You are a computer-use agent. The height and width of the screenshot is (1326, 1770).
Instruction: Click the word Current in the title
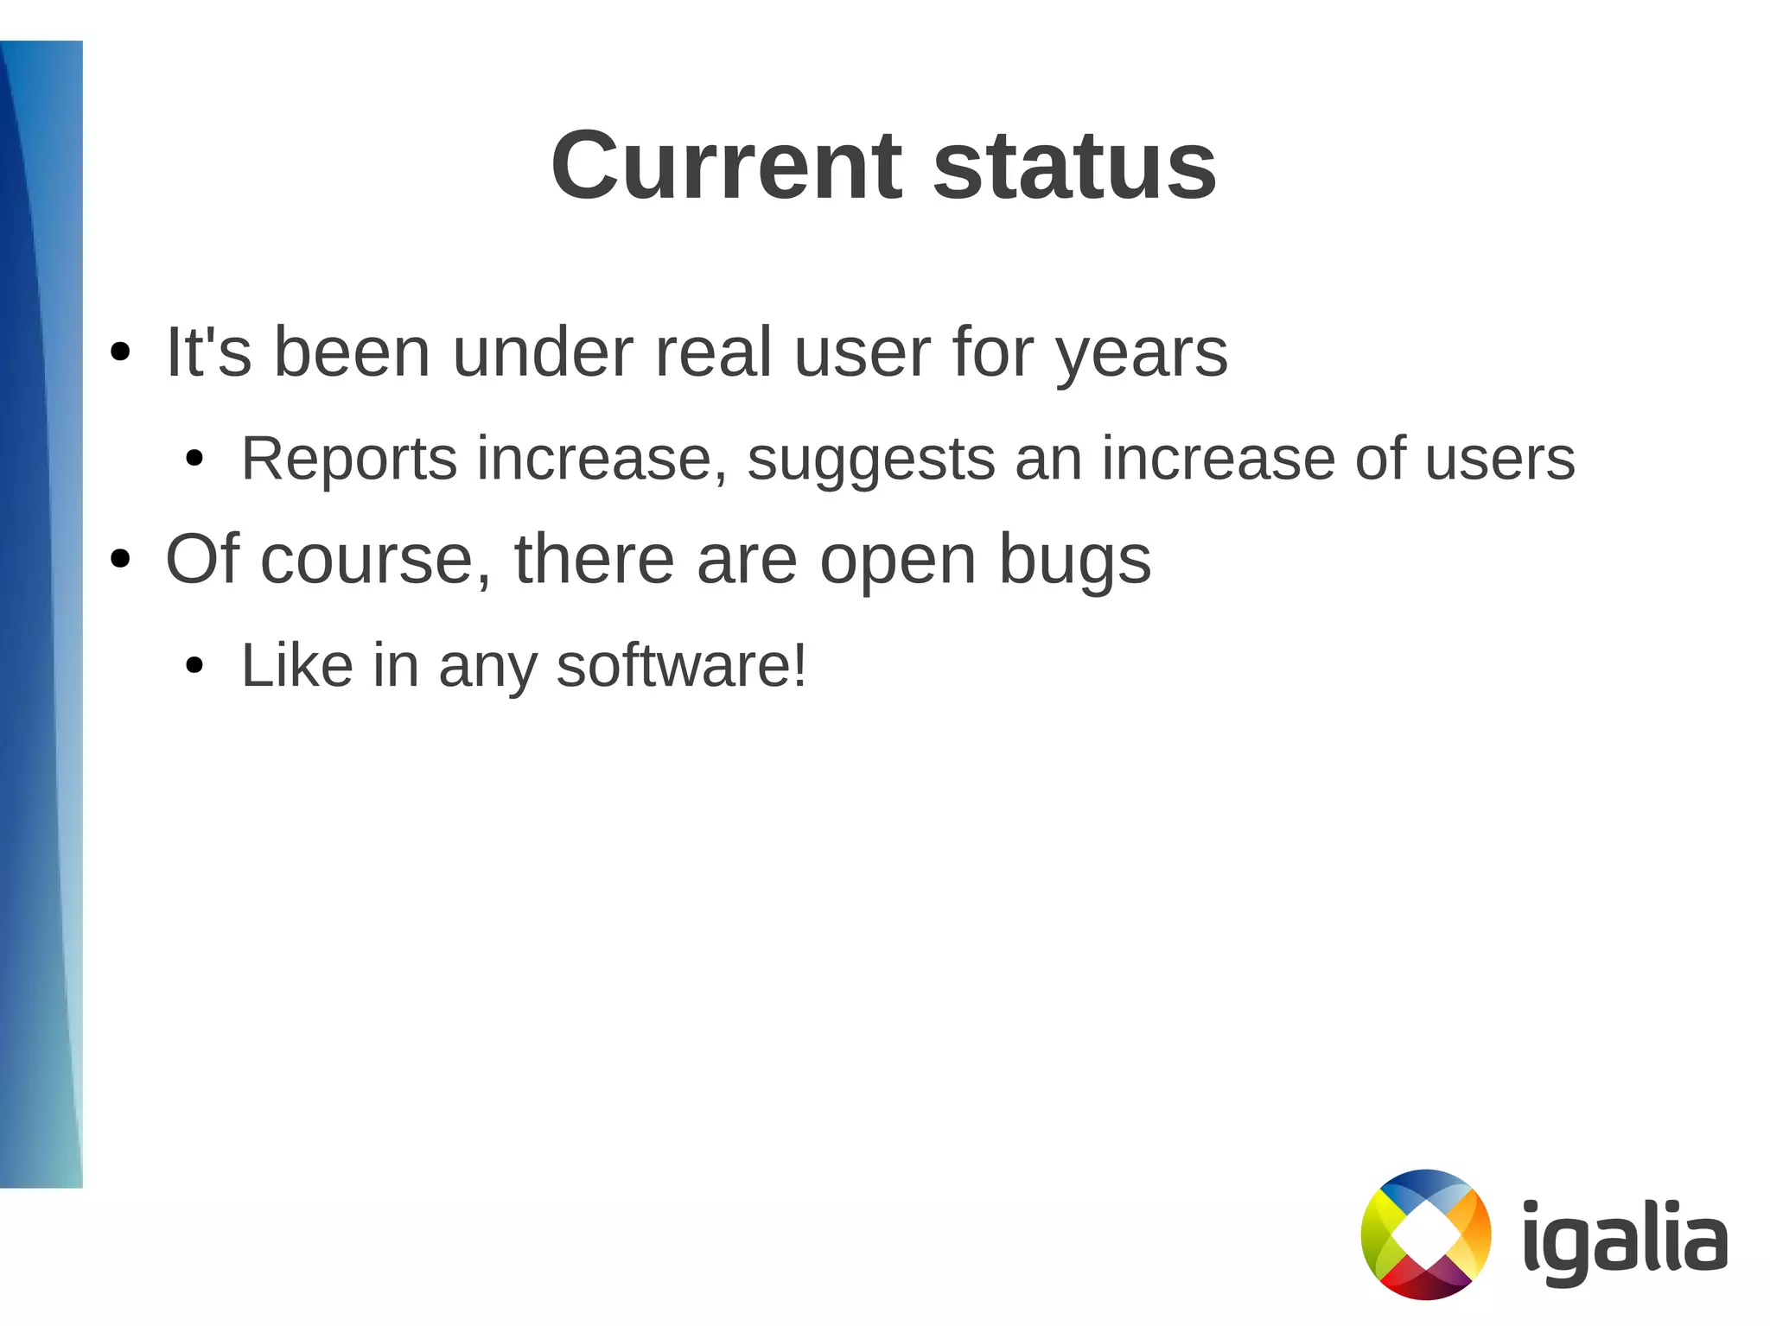pyautogui.click(x=727, y=165)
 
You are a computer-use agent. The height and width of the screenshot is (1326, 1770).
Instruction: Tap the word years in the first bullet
pyautogui.click(x=1142, y=354)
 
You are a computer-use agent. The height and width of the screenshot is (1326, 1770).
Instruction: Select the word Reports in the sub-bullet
pyautogui.click(x=348, y=459)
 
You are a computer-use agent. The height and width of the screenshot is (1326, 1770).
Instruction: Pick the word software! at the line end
pyautogui.click(x=681, y=666)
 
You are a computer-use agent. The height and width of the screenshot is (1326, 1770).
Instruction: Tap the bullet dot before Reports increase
pyautogui.click(x=194, y=459)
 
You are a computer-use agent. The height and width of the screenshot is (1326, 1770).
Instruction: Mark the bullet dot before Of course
pyautogui.click(x=120, y=560)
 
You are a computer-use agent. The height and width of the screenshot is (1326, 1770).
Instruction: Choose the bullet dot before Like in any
pyautogui.click(x=194, y=666)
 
